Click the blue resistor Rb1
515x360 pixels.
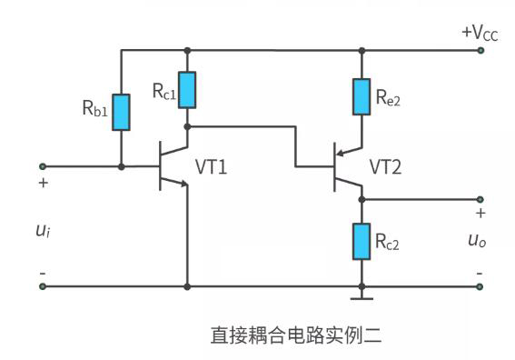pyautogui.click(x=121, y=112)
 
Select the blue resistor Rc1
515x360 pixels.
pyautogui.click(x=186, y=88)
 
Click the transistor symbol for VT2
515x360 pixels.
pyautogui.click(x=346, y=166)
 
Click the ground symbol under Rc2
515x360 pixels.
pyautogui.click(x=361, y=294)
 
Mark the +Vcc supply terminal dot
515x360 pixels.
pyautogui.click(x=480, y=49)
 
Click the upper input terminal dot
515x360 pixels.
pyautogui.click(x=43, y=166)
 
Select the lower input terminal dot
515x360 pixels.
pyautogui.click(x=43, y=286)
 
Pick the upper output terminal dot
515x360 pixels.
pyautogui.click(x=480, y=199)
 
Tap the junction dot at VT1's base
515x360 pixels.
pyautogui.click(x=121, y=166)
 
